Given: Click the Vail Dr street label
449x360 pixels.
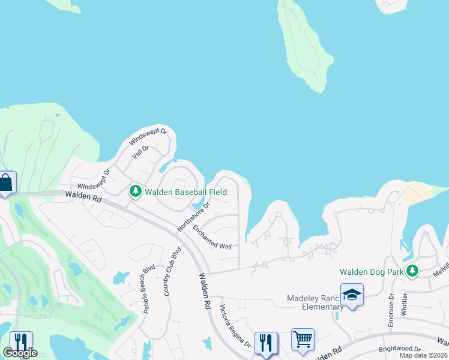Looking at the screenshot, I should point(140,152).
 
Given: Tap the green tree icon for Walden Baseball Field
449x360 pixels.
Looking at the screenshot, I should point(136,191).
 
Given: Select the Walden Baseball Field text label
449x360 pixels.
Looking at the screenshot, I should point(186,192).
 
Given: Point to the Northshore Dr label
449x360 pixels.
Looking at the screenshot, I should point(194,217).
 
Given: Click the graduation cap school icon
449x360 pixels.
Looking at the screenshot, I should point(352,295).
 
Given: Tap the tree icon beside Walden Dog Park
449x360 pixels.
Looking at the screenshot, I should point(412,272).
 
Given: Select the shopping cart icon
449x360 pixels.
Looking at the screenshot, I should point(303,340).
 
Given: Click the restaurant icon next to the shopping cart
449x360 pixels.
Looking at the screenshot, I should point(266,343).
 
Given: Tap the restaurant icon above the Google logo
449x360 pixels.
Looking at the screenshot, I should point(21,342).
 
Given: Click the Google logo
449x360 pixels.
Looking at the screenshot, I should point(20,353).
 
